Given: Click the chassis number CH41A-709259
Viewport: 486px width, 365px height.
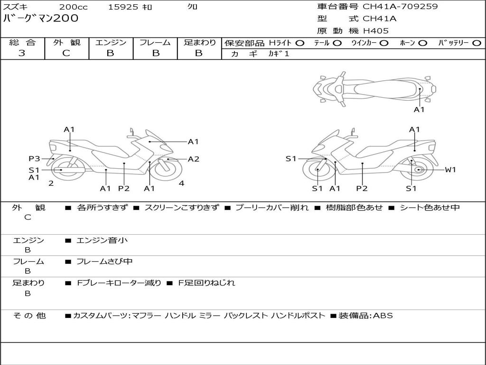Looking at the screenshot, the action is pyautogui.click(x=400, y=7).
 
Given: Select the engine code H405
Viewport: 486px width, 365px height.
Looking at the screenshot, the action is pyautogui.click(x=375, y=31).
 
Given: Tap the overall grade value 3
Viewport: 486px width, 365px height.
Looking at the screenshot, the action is pyautogui.click(x=22, y=53).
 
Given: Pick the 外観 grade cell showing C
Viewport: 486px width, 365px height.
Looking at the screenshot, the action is pyautogui.click(x=66, y=53).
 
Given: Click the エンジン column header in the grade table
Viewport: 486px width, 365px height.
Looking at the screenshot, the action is pyautogui.click(x=111, y=43).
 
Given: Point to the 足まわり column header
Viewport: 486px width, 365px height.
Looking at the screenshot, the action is pyautogui.click(x=200, y=43).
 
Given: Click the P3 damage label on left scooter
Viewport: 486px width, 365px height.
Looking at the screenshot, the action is pyautogui.click(x=34, y=159).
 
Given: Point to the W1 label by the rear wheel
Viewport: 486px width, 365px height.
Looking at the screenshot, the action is pyautogui.click(x=450, y=170).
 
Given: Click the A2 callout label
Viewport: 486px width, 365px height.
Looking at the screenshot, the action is pyautogui.click(x=194, y=159).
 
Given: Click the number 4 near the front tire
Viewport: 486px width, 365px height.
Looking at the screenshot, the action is pyautogui.click(x=181, y=183).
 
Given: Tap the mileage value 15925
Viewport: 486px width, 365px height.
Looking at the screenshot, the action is pyautogui.click(x=123, y=7).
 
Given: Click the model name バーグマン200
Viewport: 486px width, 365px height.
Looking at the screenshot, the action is pyautogui.click(x=41, y=19).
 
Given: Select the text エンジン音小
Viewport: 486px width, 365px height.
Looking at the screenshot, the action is pyautogui.click(x=102, y=240).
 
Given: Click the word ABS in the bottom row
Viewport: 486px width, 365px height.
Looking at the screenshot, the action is pyautogui.click(x=383, y=316).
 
